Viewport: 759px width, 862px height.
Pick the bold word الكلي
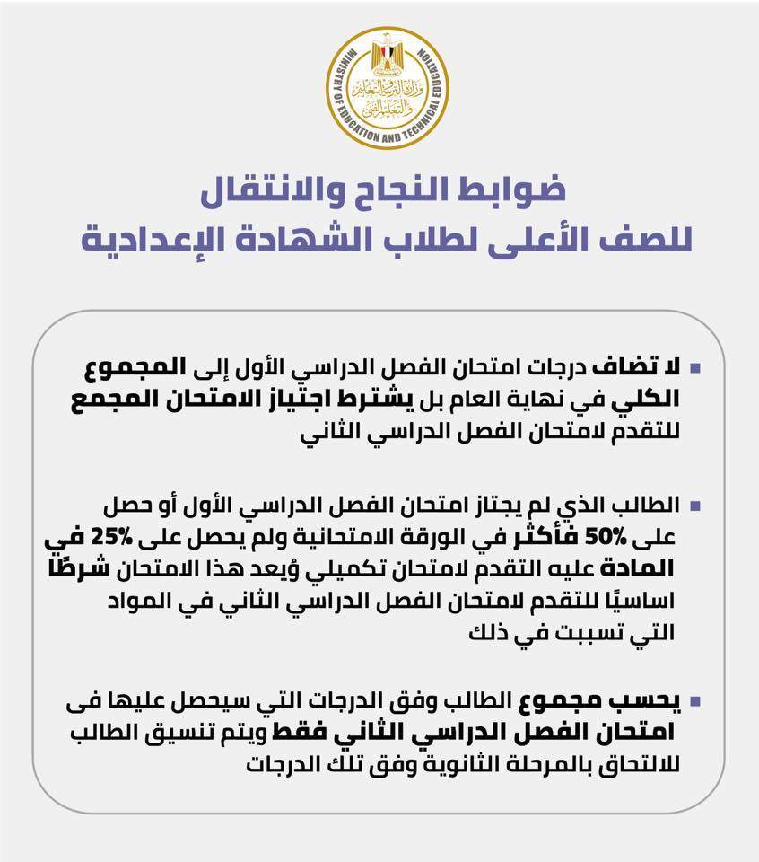[x=648, y=397]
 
